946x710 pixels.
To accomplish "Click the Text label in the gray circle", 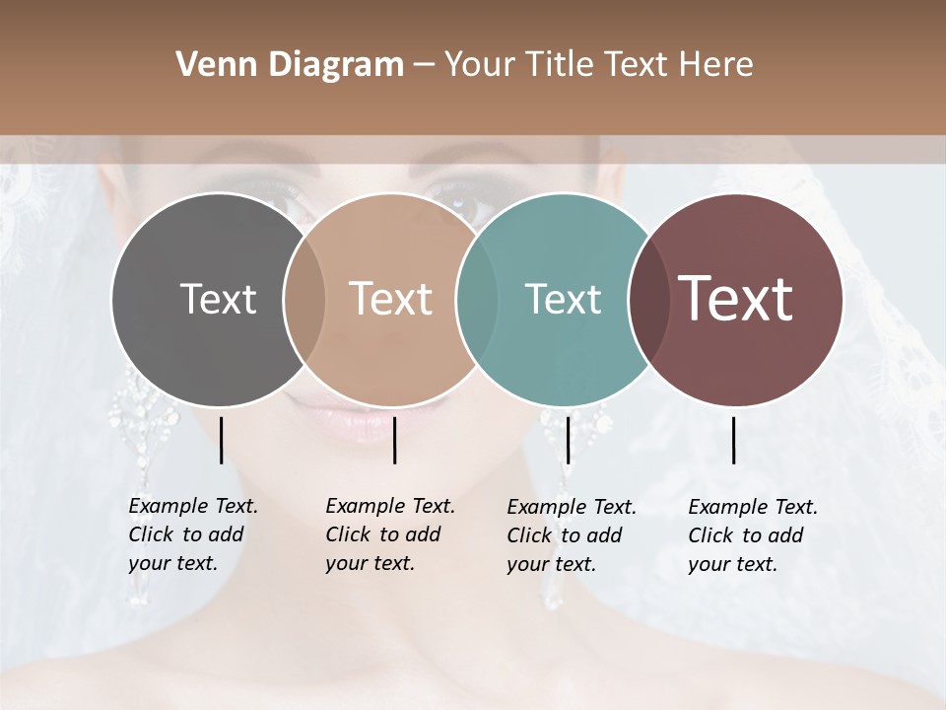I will pyautogui.click(x=218, y=299).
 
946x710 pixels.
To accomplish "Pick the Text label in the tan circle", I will pyautogui.click(x=390, y=299).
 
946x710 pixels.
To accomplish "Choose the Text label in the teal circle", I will pyautogui.click(x=563, y=299).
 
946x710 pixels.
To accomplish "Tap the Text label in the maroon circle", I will pyautogui.click(x=735, y=299).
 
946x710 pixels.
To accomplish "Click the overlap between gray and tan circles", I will pyautogui.click(x=304, y=300).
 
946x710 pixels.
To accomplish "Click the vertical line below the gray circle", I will pyautogui.click(x=222, y=440).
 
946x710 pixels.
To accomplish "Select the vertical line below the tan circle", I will pyautogui.click(x=394, y=440).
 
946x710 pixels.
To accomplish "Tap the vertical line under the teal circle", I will pyautogui.click(x=568, y=440).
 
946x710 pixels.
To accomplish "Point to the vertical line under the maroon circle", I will pyautogui.click(x=734, y=440).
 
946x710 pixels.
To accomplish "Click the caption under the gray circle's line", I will pyautogui.click(x=193, y=534).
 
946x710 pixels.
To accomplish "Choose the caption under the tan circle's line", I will pyautogui.click(x=390, y=534).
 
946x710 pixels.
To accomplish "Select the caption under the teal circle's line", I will pyautogui.click(x=572, y=535).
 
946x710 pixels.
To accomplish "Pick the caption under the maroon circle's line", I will pyautogui.click(x=753, y=535).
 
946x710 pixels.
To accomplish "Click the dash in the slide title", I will pyautogui.click(x=424, y=65).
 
